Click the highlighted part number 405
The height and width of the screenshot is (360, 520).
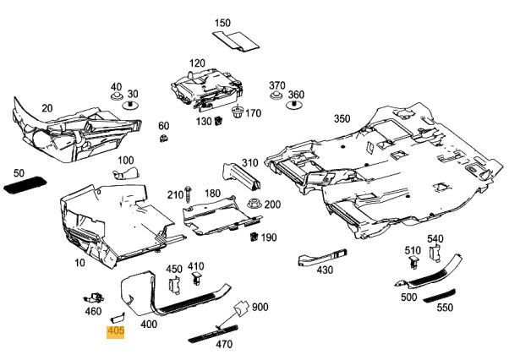coord(116,330)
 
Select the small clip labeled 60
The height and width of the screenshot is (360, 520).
coord(163,138)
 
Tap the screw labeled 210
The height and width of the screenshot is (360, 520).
coord(189,194)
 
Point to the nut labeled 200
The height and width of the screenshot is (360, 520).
coord(255,203)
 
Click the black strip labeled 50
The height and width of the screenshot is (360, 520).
coord(25,184)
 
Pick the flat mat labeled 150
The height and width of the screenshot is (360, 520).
coord(236,41)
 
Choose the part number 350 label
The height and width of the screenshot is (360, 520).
coord(342,118)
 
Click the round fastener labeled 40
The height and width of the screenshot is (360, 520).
coord(117,96)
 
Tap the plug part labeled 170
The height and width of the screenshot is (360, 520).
coord(237,112)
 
